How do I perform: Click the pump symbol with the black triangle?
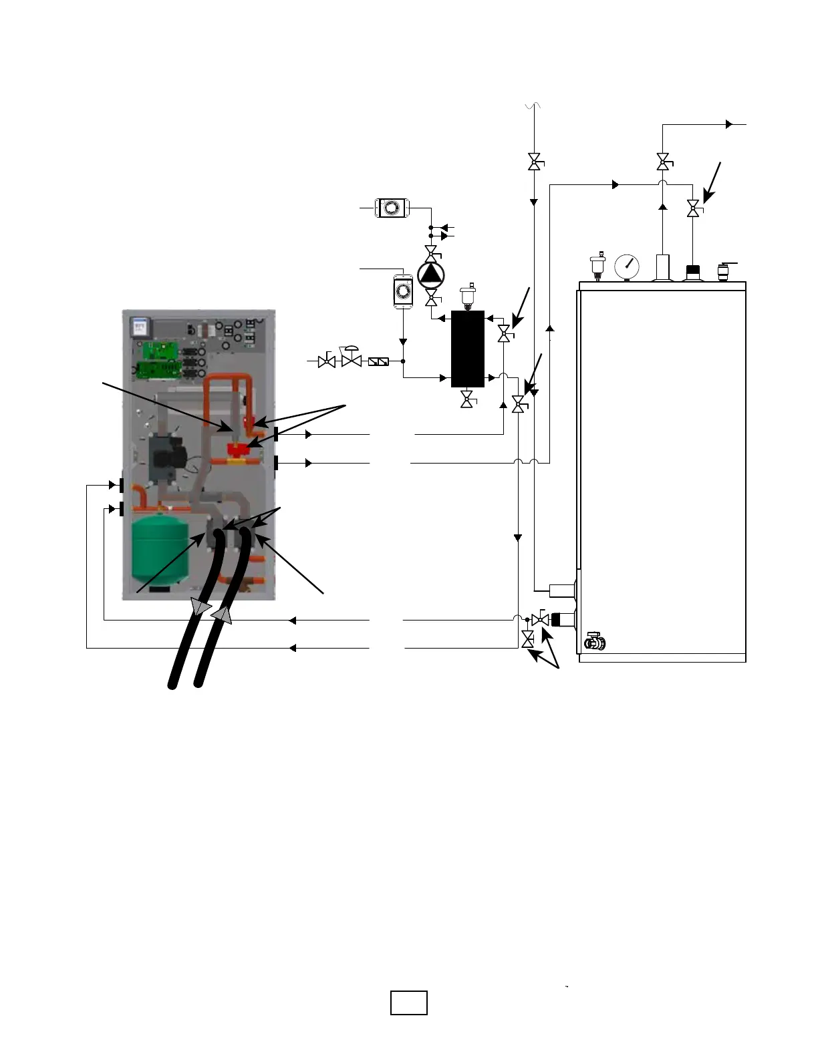(431, 274)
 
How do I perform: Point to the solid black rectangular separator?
(468, 349)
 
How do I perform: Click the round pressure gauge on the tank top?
(626, 266)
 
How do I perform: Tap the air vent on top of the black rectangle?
(468, 295)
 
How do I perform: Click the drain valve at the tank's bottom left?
(594, 642)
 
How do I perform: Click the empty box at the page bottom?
(409, 1003)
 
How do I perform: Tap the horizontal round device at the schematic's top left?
(391, 208)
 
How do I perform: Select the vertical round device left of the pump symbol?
(403, 291)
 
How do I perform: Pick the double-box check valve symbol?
(379, 361)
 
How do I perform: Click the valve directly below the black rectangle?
(468, 400)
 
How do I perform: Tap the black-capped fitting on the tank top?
(693, 271)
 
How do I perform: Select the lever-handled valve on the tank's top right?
(723, 271)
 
